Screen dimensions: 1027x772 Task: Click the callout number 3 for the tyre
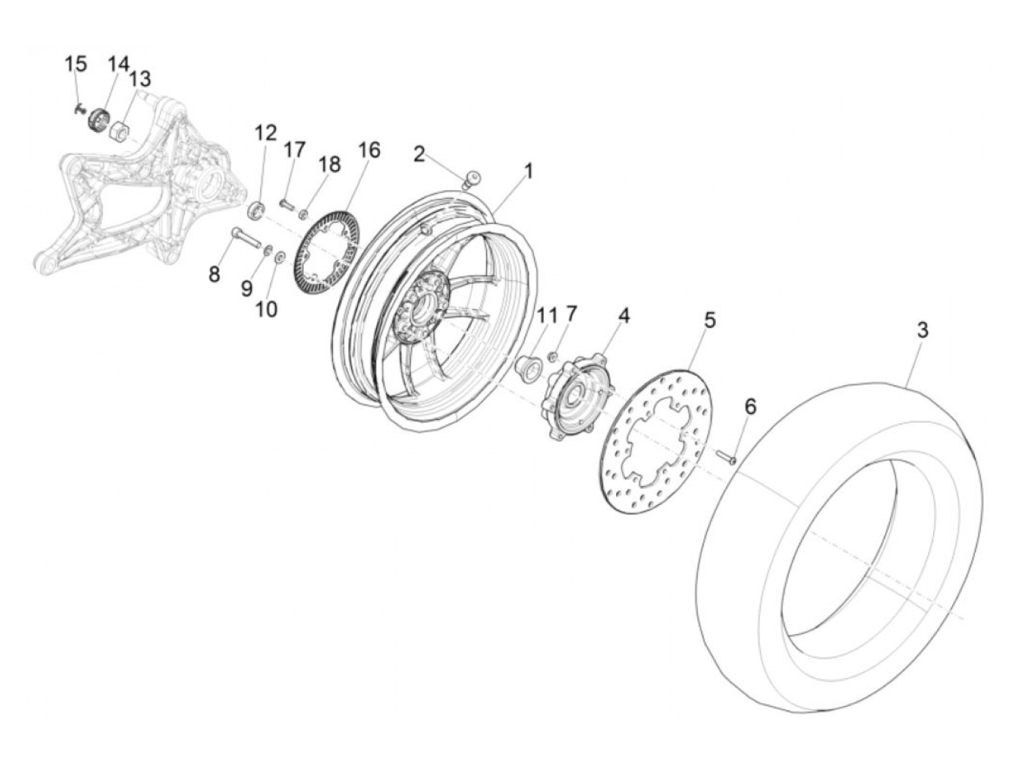click(x=922, y=331)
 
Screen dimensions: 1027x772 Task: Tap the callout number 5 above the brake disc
click(x=709, y=321)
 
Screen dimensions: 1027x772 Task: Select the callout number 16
click(x=369, y=150)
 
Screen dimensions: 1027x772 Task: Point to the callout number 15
click(x=76, y=65)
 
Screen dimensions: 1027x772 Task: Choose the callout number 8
click(x=213, y=274)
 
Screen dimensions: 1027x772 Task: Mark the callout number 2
click(x=419, y=154)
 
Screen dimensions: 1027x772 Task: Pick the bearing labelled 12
click(x=257, y=210)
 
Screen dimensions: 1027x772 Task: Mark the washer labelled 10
click(x=279, y=257)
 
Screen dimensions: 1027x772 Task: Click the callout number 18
click(x=330, y=164)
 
